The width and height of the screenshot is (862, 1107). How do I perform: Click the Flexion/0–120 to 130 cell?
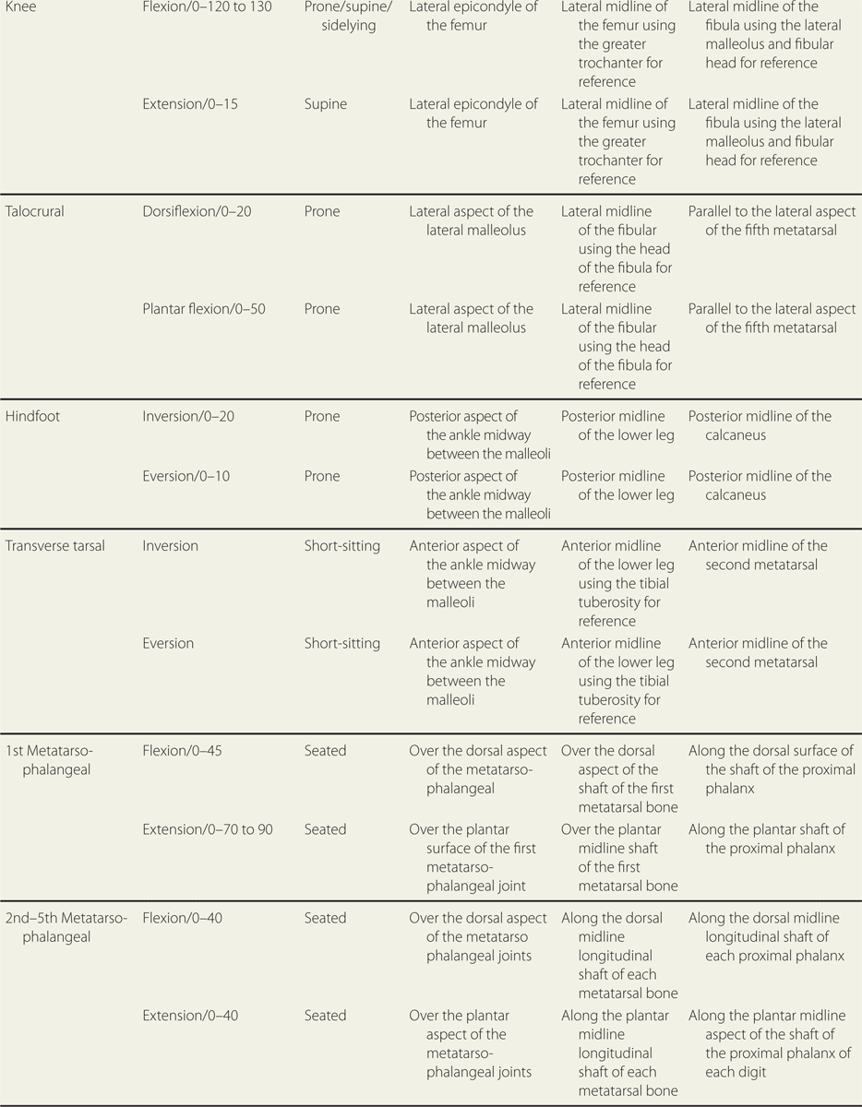[x=208, y=7]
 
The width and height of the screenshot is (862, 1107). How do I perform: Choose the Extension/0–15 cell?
[x=190, y=104]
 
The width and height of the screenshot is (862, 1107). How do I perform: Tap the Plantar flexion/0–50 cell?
[x=204, y=309]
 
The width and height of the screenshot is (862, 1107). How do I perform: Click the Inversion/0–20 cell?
[x=188, y=417]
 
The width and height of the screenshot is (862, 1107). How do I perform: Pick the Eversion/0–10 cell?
[x=186, y=476]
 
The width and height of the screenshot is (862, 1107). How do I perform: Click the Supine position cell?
[x=326, y=104]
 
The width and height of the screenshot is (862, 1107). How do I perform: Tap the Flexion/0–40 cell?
[x=182, y=918]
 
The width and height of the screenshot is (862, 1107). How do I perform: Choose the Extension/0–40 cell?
[x=190, y=1016]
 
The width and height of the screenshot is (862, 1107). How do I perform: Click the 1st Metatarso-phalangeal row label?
[x=53, y=760]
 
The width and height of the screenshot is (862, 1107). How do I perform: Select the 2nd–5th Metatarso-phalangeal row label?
[x=66, y=927]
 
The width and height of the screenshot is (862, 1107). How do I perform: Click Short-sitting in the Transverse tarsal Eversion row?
[x=341, y=643]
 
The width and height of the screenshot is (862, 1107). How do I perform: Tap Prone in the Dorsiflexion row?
[x=322, y=211]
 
